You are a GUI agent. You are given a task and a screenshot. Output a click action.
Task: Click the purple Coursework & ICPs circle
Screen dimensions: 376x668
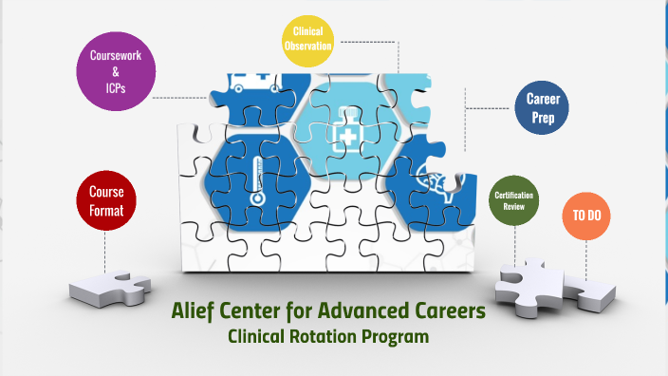(x=115, y=71)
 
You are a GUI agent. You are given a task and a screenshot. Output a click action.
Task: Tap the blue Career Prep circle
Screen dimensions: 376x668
(x=541, y=107)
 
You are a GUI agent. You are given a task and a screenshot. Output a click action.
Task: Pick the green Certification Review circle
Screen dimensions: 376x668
(x=513, y=200)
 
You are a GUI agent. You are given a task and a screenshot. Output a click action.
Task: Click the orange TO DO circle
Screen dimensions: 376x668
(x=585, y=216)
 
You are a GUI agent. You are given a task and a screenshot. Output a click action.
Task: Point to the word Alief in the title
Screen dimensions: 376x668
(x=192, y=310)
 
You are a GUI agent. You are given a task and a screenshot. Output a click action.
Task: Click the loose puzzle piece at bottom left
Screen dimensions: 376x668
(x=112, y=285)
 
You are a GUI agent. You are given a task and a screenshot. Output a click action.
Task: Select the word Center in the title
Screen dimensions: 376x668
(x=249, y=310)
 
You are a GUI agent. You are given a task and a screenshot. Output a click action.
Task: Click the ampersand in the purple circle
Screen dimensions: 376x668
(x=115, y=71)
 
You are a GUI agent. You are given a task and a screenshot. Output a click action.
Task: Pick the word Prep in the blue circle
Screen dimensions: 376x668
(x=541, y=117)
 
